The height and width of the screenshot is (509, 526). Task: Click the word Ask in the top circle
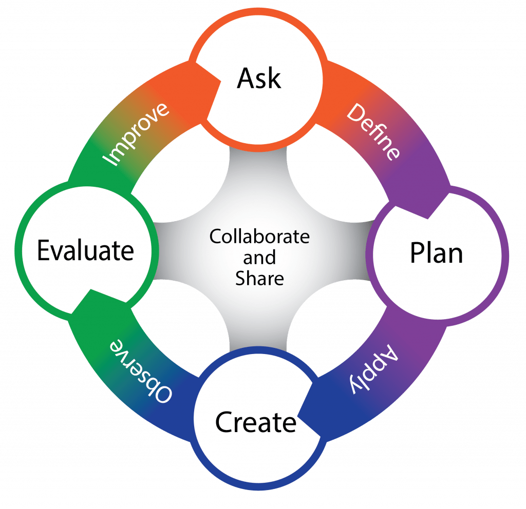pos(259,79)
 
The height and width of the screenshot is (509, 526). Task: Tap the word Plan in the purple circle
pos(436,252)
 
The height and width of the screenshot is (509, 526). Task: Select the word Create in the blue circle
pos(256,423)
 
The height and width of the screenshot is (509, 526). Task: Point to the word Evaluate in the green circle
pos(85,250)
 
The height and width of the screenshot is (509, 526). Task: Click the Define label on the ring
pos(373,132)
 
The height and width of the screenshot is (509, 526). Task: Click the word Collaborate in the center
pos(259,237)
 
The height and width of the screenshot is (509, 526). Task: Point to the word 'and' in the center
pos(259,257)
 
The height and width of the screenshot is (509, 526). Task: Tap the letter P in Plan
pos(417,252)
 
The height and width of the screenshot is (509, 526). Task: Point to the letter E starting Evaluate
pos(44,250)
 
